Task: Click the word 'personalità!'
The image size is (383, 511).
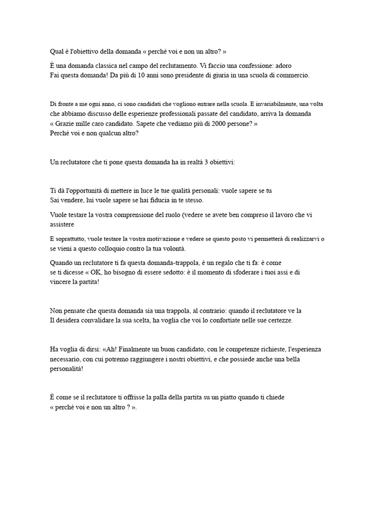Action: (67, 369)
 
